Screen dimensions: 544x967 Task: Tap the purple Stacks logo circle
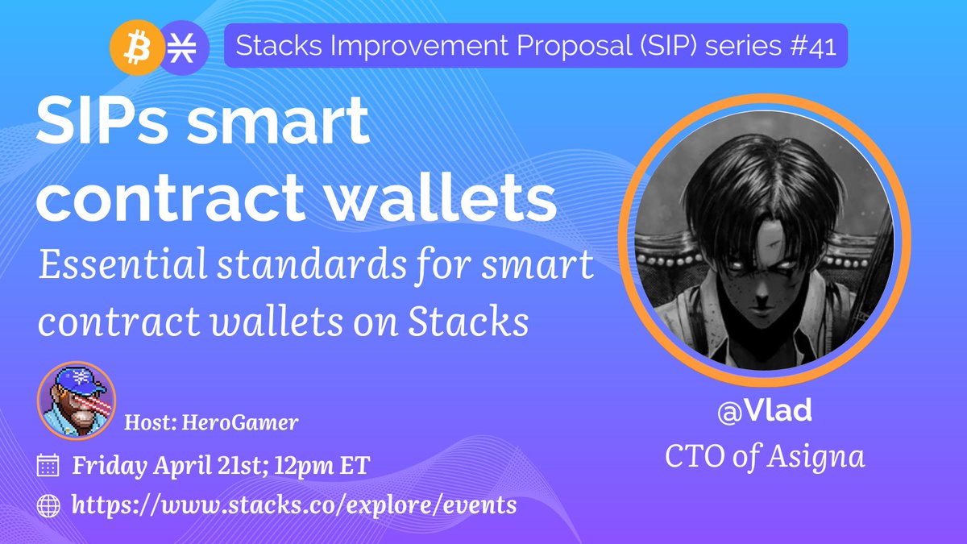[183, 48]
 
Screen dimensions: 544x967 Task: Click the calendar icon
[49, 465]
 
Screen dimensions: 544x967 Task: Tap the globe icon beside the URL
[49, 505]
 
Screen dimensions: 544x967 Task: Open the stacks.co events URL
[294, 505]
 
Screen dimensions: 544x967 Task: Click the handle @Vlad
[765, 412]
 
